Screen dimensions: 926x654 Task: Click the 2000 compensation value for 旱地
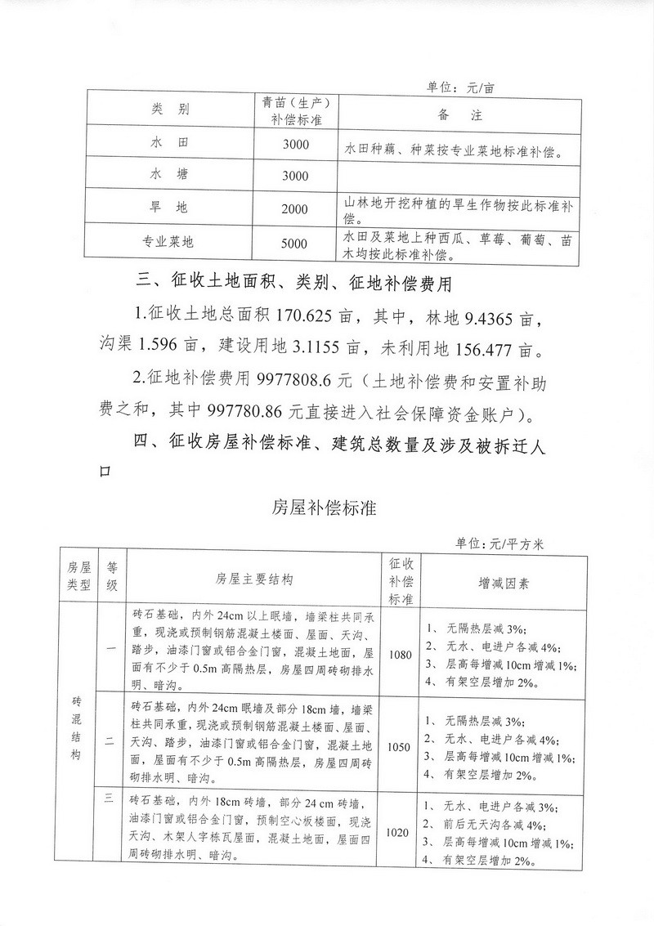coord(294,209)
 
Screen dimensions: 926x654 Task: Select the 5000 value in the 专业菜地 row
coord(294,243)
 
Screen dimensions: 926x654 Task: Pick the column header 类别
coord(170,109)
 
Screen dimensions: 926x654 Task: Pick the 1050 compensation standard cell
coord(400,746)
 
